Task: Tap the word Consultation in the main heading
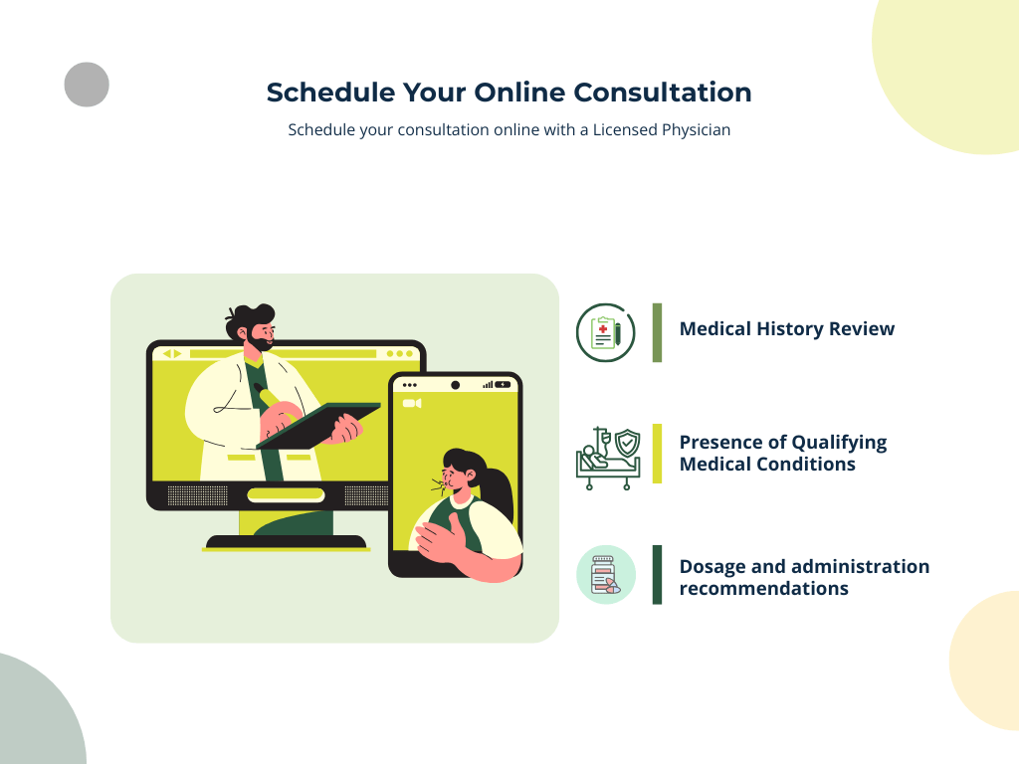(663, 93)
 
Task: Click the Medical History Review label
(786, 329)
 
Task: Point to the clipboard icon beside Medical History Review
(605, 332)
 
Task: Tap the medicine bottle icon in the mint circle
(605, 575)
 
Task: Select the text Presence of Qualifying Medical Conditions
(782, 454)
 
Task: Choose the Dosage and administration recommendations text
(804, 577)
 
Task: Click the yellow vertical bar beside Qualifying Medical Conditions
(657, 454)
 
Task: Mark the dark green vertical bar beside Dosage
(657, 575)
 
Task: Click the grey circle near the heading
(87, 85)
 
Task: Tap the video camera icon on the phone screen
(412, 403)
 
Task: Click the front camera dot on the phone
(455, 385)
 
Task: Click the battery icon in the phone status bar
(504, 384)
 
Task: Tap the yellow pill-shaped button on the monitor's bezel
(286, 494)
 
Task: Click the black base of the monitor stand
(286, 542)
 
